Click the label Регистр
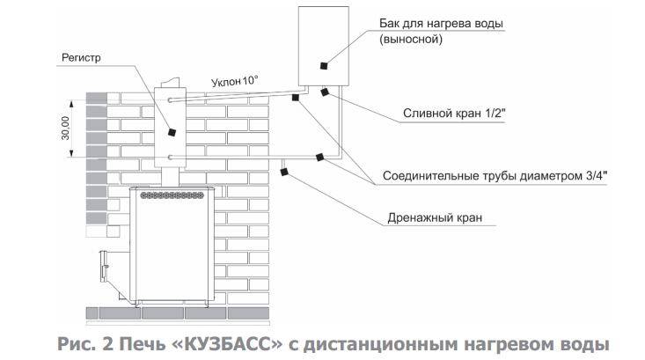pos(81,58)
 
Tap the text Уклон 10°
pos(234,81)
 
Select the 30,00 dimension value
pos(66,128)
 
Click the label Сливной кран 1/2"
pos(454,114)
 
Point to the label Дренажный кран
pos(435,217)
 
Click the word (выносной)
pos(411,40)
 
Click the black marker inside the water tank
pos(324,65)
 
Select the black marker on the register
pos(172,132)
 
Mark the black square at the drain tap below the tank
pos(325,92)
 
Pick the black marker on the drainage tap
pos(283,172)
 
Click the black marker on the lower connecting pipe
pos(319,157)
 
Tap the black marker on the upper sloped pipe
pos(296,98)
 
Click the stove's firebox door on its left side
pos(104,268)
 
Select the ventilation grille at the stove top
pos(172,195)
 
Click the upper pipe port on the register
pos(170,100)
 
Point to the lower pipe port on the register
pos(170,158)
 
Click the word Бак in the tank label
pos(389,23)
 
